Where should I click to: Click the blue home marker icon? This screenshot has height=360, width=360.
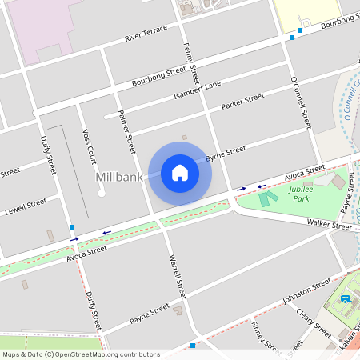[180, 173]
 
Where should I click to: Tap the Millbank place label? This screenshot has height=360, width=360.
[120, 175]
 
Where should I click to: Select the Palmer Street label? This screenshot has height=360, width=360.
[126, 131]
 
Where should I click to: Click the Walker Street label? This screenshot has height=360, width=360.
[330, 226]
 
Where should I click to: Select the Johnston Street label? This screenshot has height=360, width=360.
[306, 292]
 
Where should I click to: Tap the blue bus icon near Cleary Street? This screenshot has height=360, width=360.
[345, 299]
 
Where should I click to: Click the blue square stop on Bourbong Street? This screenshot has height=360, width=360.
[291, 36]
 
